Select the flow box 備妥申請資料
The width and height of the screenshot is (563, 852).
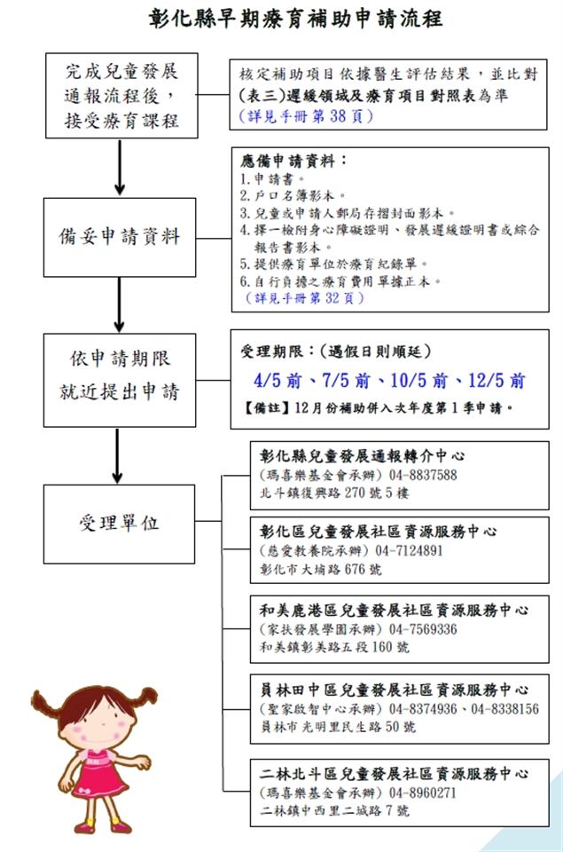point(121,237)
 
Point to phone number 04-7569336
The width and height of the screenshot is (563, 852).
point(423,628)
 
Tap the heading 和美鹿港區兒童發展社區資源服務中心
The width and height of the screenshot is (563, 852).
point(394,611)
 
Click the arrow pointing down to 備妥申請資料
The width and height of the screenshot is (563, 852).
point(120,170)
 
